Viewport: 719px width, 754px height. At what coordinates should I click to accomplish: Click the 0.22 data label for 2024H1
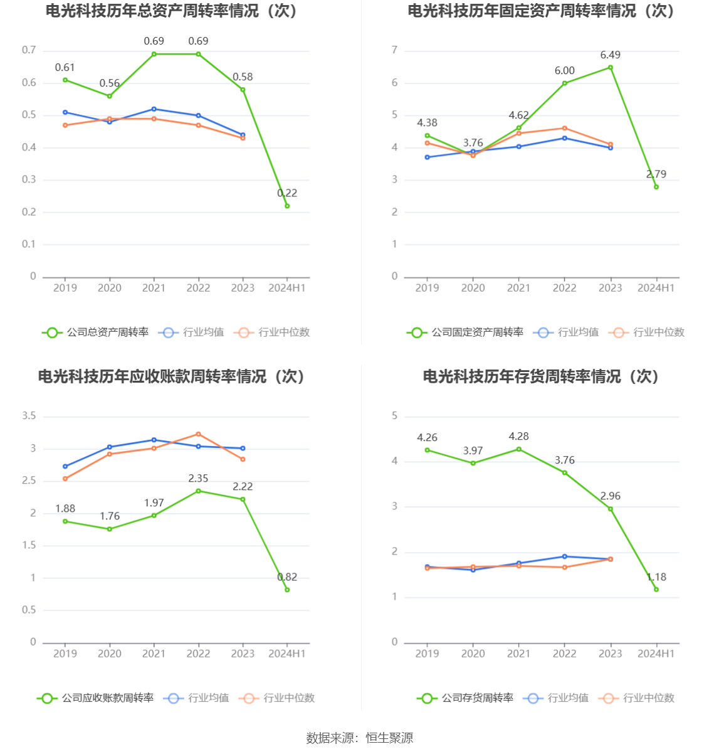[287, 193]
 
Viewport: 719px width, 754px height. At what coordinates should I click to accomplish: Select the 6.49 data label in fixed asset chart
[610, 55]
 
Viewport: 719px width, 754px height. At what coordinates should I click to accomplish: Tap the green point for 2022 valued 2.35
[199, 491]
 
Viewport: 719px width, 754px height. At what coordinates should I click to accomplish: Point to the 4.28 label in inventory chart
[518, 437]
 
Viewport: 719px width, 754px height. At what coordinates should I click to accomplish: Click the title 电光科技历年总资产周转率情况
[171, 11]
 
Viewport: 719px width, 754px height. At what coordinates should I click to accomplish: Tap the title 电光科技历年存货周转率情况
[541, 376]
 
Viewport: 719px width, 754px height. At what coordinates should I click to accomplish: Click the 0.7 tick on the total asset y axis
[29, 50]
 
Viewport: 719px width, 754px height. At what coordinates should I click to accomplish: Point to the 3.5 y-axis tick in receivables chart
[29, 416]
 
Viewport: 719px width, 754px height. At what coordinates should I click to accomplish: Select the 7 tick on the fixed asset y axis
[394, 50]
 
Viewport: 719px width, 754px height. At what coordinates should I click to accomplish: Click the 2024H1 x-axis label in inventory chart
[656, 654]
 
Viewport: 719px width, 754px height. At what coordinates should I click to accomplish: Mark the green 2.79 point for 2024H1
[656, 187]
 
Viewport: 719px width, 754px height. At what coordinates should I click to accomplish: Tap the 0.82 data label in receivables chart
[287, 577]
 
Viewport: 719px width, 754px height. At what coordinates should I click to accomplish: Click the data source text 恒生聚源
[389, 738]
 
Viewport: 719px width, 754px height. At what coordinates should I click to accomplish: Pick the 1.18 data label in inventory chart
[656, 577]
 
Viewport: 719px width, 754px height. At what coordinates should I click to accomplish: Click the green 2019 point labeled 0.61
[65, 80]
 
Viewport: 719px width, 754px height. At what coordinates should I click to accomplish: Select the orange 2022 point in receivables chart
[199, 434]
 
